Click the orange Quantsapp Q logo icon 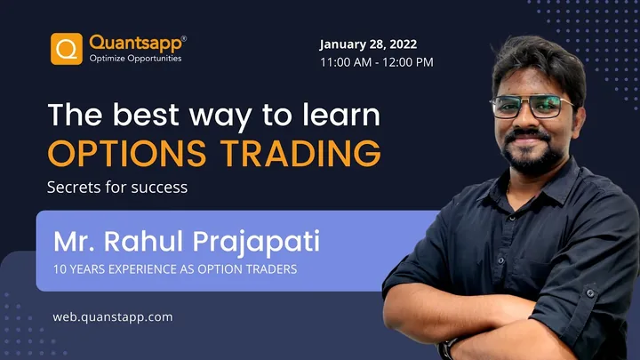[x=67, y=49]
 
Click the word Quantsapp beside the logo [x=135, y=44]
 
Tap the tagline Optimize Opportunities [x=135, y=59]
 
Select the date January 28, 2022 [x=368, y=44]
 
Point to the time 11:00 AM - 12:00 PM [x=376, y=62]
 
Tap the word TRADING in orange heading [x=300, y=153]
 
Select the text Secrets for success [x=117, y=187]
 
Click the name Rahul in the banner [x=143, y=241]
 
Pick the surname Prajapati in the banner [x=256, y=243]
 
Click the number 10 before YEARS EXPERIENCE [x=60, y=269]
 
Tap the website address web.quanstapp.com [x=113, y=317]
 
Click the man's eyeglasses [x=531, y=106]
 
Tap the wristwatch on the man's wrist [x=445, y=349]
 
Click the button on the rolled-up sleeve [x=590, y=292]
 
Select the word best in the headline [x=146, y=115]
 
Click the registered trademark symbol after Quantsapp [x=184, y=38]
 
